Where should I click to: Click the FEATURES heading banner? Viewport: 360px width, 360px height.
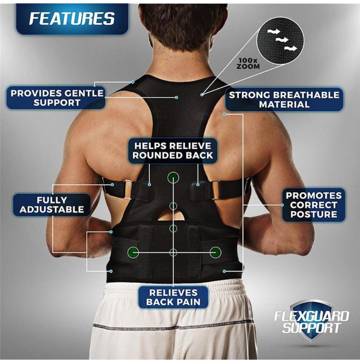tap(72, 19)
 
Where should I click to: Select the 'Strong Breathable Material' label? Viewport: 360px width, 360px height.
tap(284, 99)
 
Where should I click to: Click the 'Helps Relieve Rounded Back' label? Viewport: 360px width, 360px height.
tap(173, 151)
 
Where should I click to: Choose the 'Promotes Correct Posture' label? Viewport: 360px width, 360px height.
tap(314, 205)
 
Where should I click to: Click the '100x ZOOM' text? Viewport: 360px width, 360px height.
tap(247, 63)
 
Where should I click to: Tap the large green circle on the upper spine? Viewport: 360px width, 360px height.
tap(173, 177)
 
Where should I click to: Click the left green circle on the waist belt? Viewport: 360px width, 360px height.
tap(132, 252)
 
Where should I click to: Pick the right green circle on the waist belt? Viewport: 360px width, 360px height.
tap(215, 252)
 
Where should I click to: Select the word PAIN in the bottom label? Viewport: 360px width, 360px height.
tap(185, 302)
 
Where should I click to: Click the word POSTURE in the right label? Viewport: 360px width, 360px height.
tap(314, 215)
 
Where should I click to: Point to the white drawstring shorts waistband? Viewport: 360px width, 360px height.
tap(175, 288)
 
